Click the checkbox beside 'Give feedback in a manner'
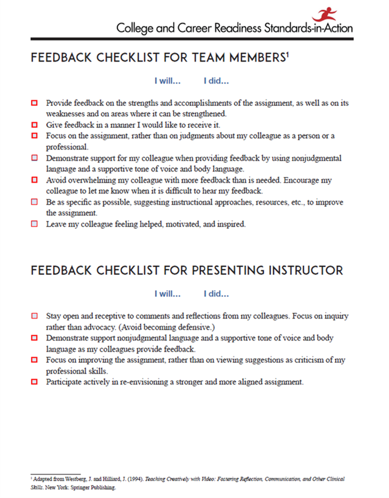(34, 125)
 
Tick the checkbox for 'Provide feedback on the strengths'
(34, 103)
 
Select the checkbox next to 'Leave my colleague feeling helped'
(34, 224)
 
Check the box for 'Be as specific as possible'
(34, 202)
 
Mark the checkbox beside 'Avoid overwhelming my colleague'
(34, 180)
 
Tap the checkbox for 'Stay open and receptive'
(34, 316)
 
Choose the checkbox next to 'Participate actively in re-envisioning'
(34, 381)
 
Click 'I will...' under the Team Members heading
(167, 81)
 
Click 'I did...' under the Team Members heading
(216, 81)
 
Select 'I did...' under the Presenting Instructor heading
(216, 294)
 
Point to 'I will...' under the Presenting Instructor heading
(167, 294)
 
